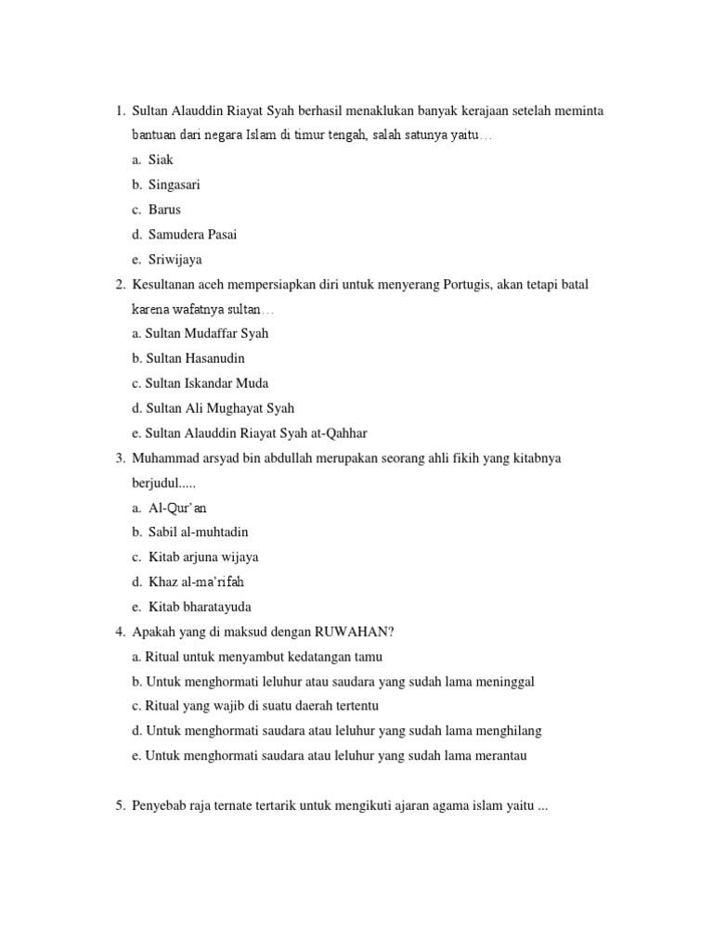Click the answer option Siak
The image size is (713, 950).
(x=161, y=160)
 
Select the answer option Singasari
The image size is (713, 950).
(x=174, y=185)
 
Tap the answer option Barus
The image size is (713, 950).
(x=164, y=209)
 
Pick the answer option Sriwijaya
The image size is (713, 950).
(x=175, y=260)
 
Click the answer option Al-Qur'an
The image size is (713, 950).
(x=177, y=507)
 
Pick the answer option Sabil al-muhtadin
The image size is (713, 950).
(x=198, y=533)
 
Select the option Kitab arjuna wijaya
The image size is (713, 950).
(x=203, y=557)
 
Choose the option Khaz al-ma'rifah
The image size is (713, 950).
(x=196, y=582)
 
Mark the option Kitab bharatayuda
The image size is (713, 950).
(x=200, y=607)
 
